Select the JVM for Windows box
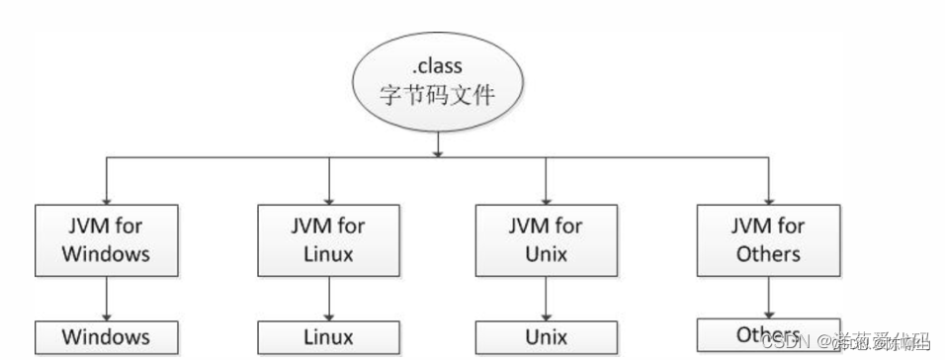tap(105, 239)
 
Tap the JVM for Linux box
tap(328, 239)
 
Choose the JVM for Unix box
tap(546, 239)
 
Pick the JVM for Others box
tap(768, 239)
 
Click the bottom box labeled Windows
tap(105, 337)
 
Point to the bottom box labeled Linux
tap(328, 337)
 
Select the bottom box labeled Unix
tap(546, 337)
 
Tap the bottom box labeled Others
tap(768, 333)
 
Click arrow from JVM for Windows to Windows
tap(105, 298)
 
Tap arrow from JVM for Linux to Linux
tap(328, 298)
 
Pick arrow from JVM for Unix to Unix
tap(546, 298)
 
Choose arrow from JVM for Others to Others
tap(768, 296)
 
